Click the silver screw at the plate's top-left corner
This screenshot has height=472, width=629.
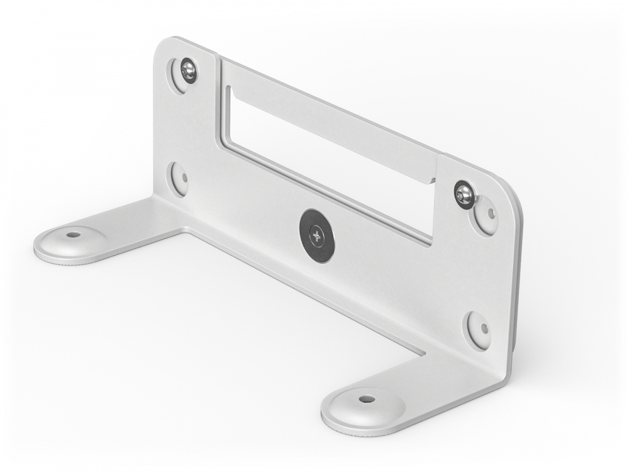(188, 70)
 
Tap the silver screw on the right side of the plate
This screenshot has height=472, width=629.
(464, 194)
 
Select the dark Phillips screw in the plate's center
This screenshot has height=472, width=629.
(316, 235)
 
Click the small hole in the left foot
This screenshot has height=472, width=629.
(74, 234)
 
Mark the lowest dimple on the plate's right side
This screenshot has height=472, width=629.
(479, 329)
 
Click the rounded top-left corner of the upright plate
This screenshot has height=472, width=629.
(163, 48)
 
